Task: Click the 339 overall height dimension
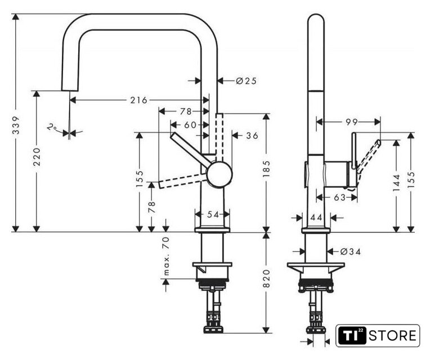(x=16, y=125)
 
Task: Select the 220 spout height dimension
(x=37, y=156)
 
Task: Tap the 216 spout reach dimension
(x=138, y=100)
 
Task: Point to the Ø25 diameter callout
(x=246, y=81)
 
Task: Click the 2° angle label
(x=52, y=127)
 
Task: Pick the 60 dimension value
(x=190, y=125)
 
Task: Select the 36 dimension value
(x=252, y=136)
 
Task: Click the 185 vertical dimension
(x=267, y=169)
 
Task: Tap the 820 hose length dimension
(x=267, y=279)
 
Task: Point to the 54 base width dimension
(x=213, y=214)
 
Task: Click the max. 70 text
(x=166, y=256)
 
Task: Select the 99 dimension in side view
(x=352, y=122)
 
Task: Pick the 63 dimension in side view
(x=339, y=197)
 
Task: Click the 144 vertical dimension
(x=397, y=182)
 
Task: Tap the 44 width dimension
(x=316, y=218)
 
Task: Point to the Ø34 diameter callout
(x=351, y=252)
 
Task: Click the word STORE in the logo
(x=392, y=336)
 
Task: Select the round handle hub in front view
(x=219, y=174)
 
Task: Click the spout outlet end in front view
(x=70, y=90)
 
